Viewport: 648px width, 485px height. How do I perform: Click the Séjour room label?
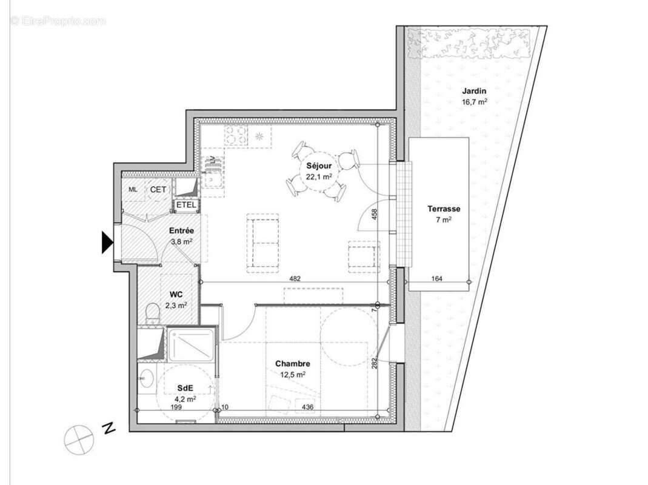pos(318,165)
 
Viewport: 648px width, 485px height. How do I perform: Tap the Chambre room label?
pos(293,364)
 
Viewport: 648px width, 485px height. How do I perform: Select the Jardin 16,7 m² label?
pos(474,92)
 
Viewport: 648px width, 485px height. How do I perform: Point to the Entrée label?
pos(181,231)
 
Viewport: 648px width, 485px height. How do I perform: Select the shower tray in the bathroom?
pos(190,344)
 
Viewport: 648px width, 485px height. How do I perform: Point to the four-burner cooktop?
pos(236,135)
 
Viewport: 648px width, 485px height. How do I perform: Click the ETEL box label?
pos(186,205)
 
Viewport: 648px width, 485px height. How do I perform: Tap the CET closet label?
pos(158,190)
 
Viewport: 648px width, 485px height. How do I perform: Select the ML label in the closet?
pos(133,190)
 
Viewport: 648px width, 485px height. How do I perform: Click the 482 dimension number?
pos(295,279)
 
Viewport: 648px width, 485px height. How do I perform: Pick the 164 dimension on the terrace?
pos(437,279)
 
